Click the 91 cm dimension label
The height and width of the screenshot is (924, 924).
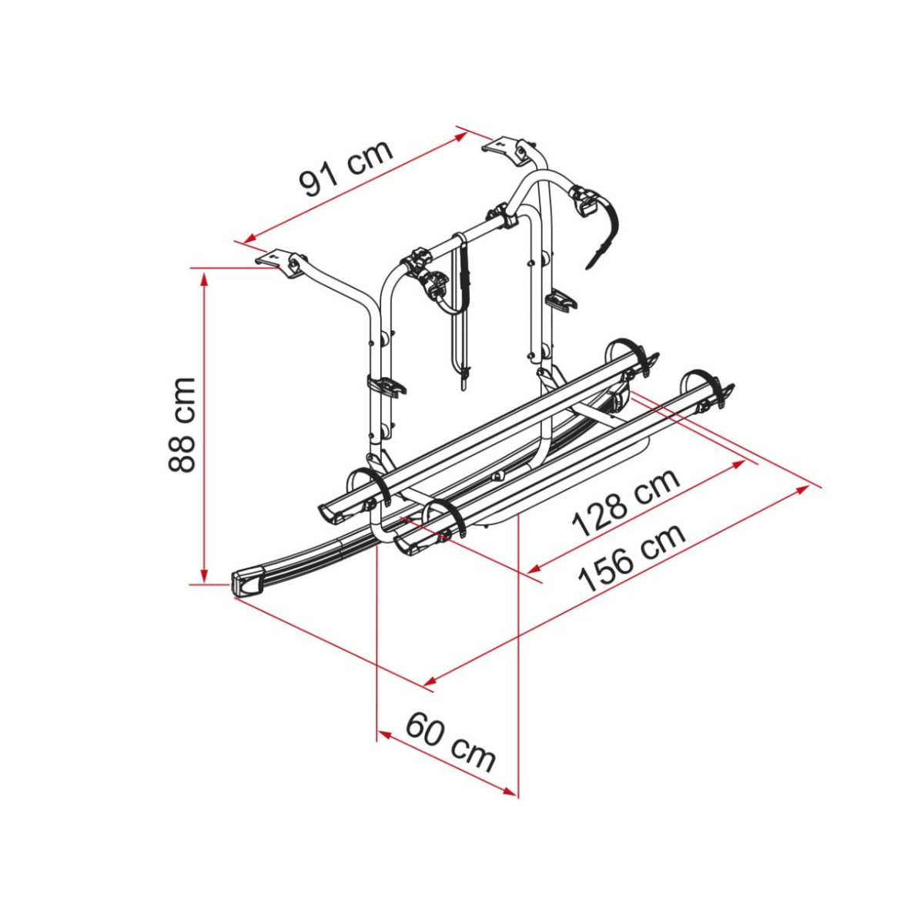[x=345, y=169]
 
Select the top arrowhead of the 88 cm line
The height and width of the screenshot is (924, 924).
[x=205, y=276]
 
